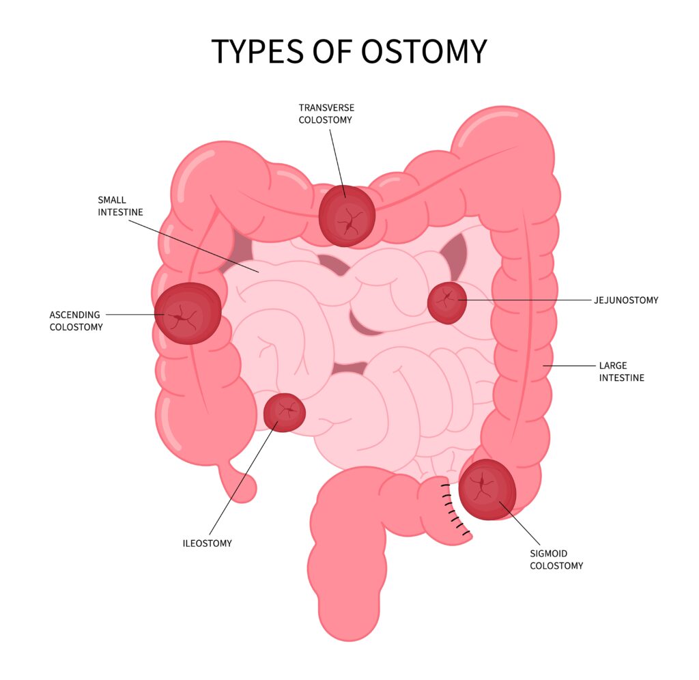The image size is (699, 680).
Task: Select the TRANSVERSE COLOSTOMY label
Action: tap(326, 114)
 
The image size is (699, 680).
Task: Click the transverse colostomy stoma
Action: tap(347, 216)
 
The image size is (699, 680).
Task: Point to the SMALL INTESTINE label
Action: tap(120, 206)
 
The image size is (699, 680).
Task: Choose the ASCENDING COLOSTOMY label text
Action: tap(76, 321)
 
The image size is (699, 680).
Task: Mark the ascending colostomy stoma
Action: tap(188, 313)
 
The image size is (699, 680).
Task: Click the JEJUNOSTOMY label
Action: tap(626, 300)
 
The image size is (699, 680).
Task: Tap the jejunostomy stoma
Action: tap(447, 302)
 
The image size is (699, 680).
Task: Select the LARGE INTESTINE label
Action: tap(621, 371)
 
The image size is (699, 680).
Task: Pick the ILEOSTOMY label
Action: tap(207, 543)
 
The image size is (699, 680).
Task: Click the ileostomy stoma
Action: tap(284, 412)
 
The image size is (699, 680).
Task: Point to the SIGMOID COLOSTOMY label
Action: tap(556, 559)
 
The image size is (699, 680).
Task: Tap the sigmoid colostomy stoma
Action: tap(487, 490)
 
